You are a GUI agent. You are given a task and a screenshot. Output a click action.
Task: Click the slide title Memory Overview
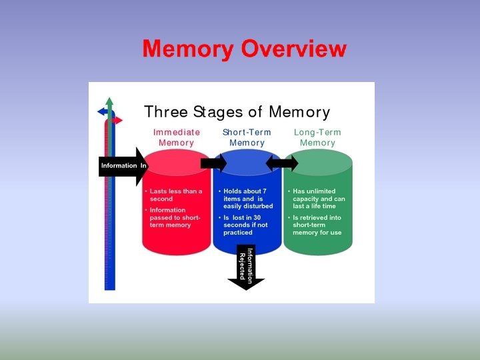[244, 49]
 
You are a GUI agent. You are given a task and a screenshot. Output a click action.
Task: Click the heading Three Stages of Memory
[237, 111]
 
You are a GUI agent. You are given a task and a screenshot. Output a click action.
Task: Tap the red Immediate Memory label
[176, 137]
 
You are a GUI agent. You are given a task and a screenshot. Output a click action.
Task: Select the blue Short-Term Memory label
[247, 137]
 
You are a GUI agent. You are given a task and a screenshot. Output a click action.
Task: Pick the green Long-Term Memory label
[317, 137]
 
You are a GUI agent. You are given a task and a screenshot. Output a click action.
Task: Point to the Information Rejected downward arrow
[246, 269]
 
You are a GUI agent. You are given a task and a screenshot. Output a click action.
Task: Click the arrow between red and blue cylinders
[214, 163]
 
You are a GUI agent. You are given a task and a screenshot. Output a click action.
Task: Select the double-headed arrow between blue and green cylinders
[282, 163]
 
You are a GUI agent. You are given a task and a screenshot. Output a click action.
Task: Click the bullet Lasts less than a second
[175, 195]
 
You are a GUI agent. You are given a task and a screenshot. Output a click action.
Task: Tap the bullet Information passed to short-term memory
[175, 217]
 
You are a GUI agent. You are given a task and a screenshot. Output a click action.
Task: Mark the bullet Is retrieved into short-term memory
[319, 225]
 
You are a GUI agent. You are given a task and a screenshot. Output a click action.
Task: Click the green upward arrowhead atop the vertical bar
[109, 102]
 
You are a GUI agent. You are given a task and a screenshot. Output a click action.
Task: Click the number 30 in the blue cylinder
[257, 217]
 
